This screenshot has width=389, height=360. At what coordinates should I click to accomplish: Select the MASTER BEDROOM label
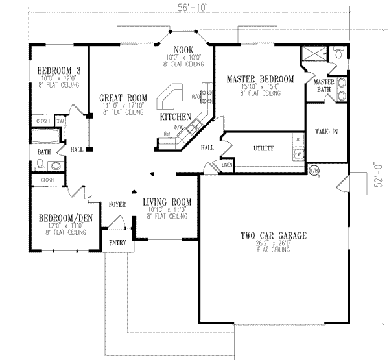(x=260, y=79)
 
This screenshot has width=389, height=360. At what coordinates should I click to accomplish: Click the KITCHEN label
(x=176, y=117)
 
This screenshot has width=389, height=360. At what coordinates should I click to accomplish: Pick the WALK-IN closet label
(x=326, y=132)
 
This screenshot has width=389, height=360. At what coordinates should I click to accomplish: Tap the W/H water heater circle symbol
(x=313, y=171)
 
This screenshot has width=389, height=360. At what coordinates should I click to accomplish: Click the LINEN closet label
(x=226, y=165)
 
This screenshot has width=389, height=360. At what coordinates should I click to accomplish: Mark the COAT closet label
(x=61, y=121)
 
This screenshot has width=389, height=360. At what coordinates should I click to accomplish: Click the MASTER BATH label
(x=324, y=86)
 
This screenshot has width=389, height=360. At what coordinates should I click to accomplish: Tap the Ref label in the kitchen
(x=167, y=134)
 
